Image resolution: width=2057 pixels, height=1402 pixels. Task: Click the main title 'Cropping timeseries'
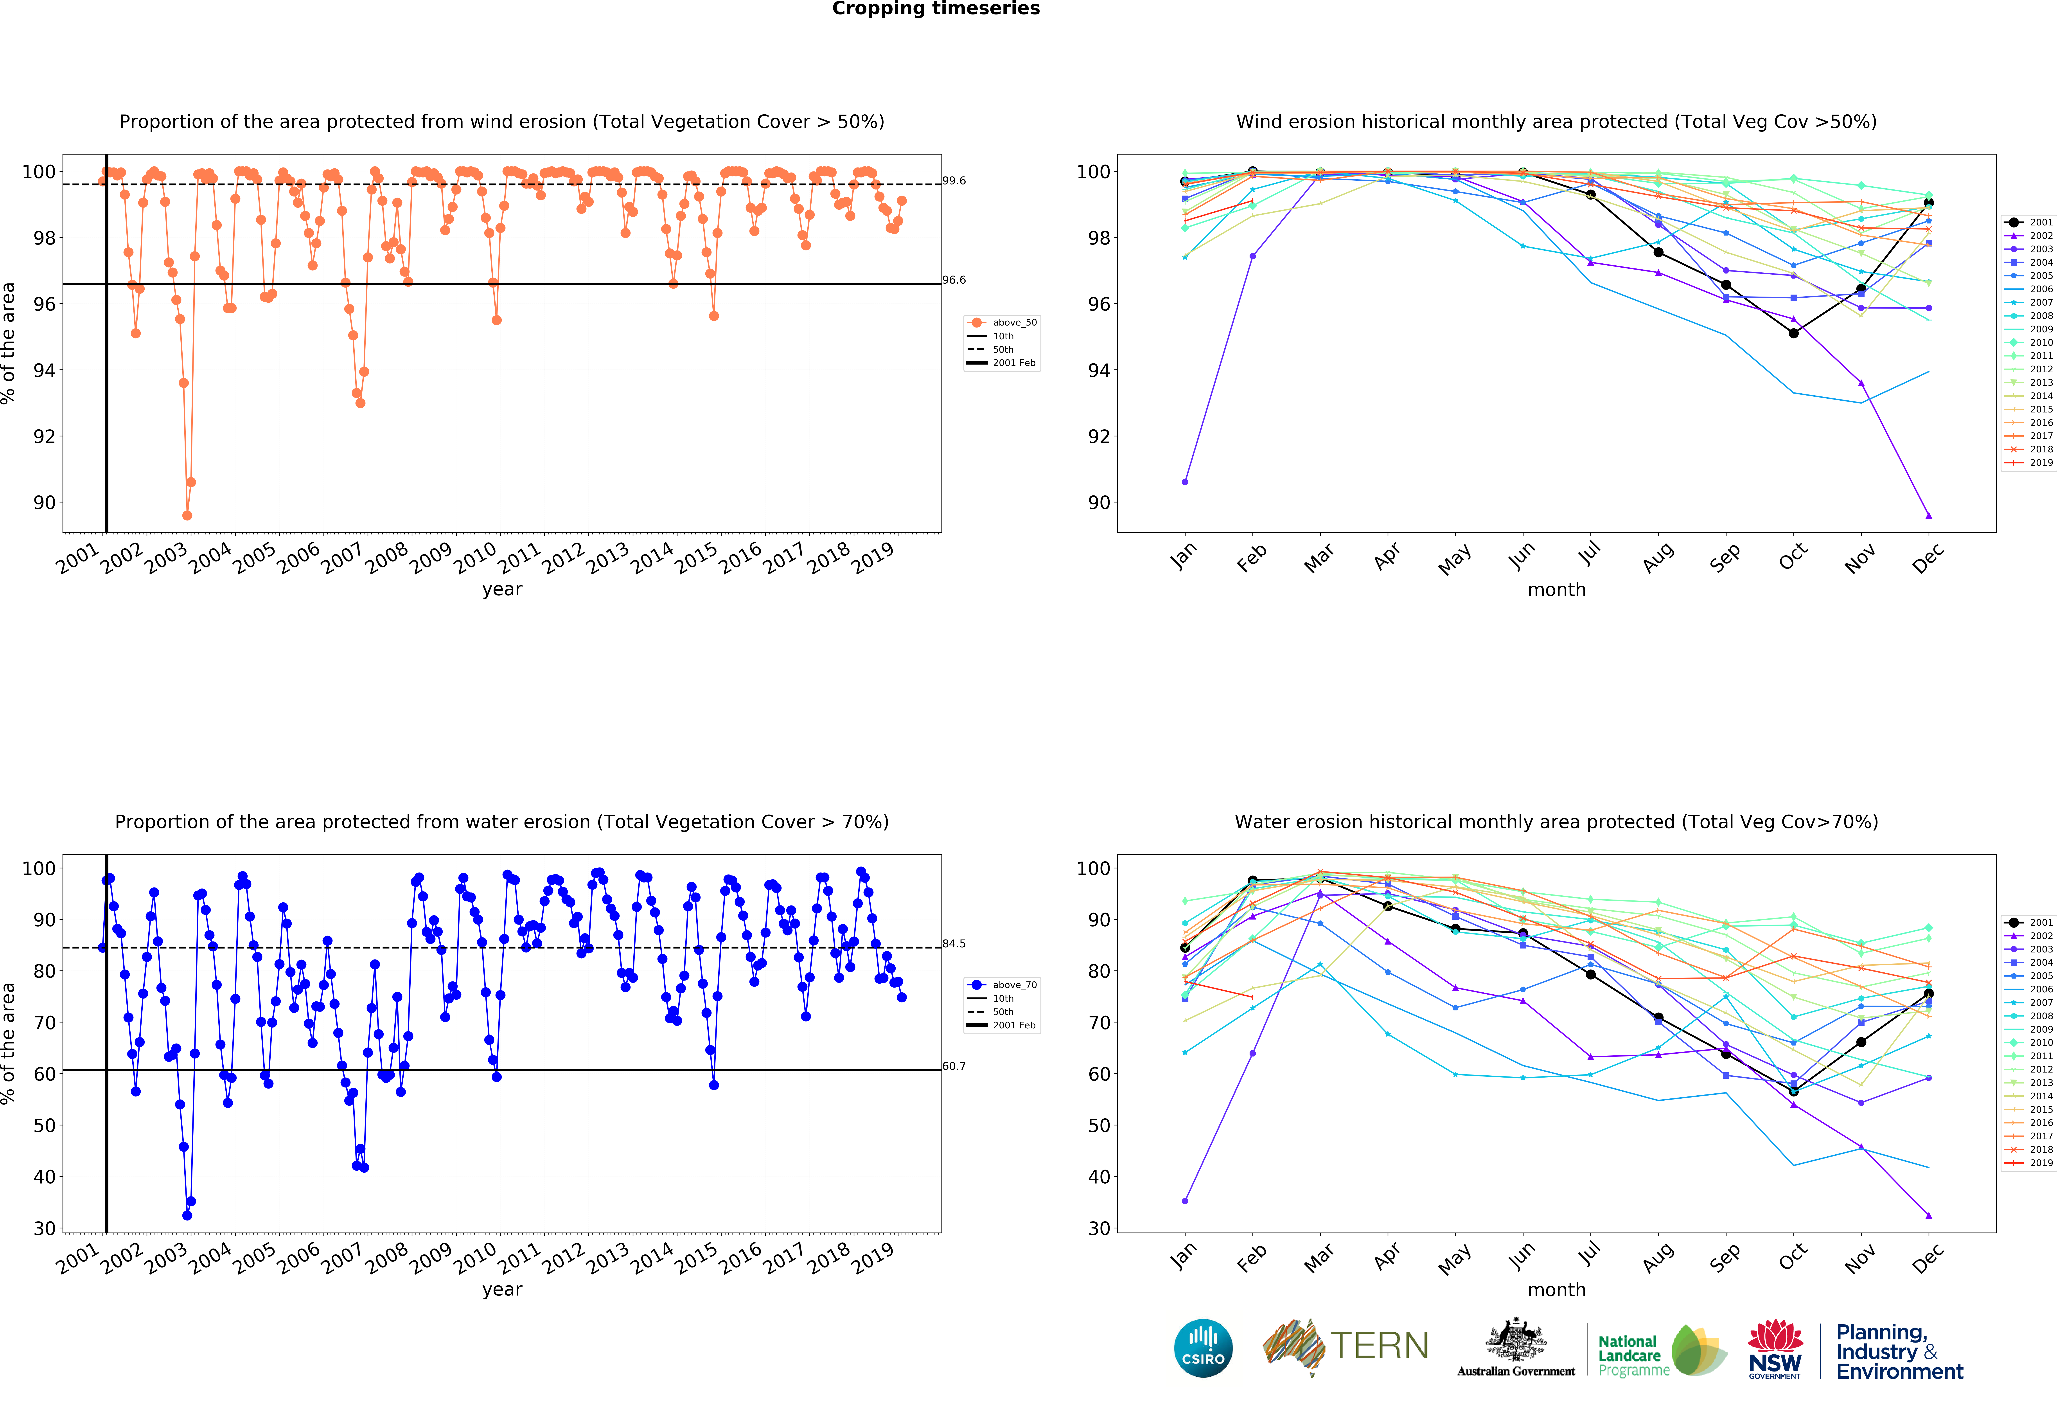pyautogui.click(x=936, y=9)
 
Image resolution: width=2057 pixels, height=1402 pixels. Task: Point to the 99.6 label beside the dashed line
pyautogui.click(x=954, y=181)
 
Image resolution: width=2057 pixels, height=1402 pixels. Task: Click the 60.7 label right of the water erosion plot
pyautogui.click(x=954, y=1066)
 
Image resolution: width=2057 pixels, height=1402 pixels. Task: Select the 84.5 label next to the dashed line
pyautogui.click(x=954, y=943)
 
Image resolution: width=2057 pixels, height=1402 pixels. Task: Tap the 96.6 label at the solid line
pyautogui.click(x=954, y=280)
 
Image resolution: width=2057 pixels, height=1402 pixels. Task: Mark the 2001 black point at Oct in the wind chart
pyautogui.click(x=1793, y=334)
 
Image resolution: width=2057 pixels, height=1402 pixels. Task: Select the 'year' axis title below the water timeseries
pyautogui.click(x=502, y=1290)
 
